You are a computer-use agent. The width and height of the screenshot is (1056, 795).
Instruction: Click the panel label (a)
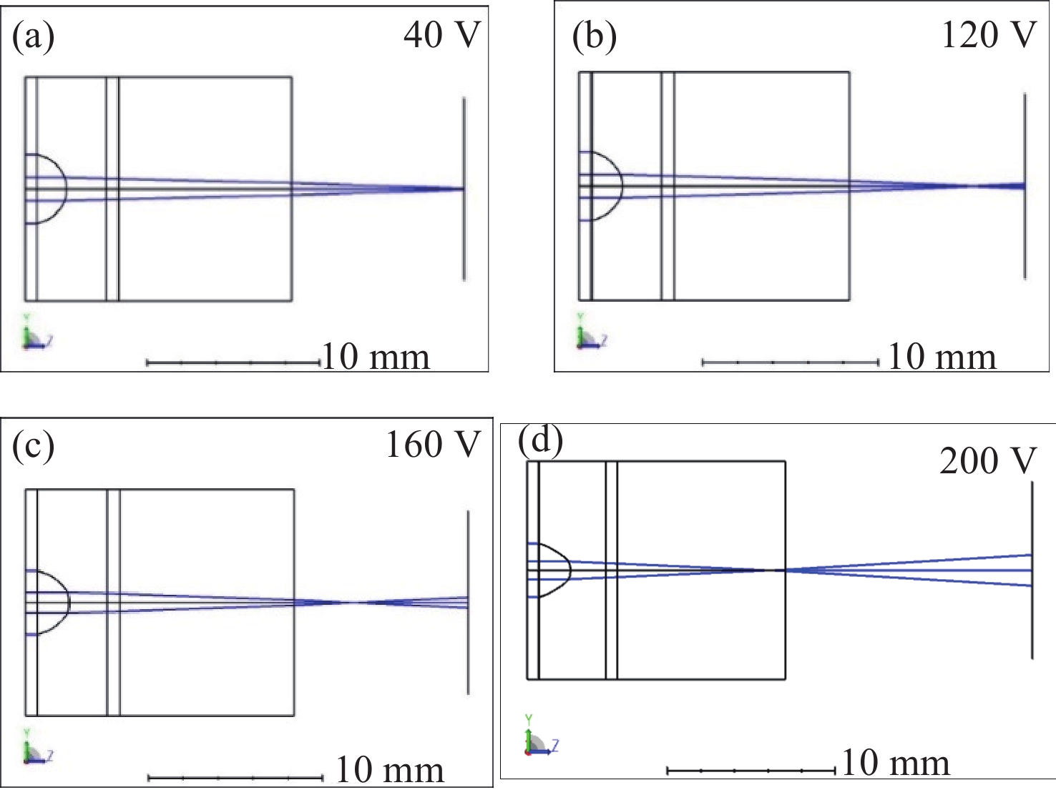33,36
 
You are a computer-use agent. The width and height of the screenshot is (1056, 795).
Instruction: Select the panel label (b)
594,36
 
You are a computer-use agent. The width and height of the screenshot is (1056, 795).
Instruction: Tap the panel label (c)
33,446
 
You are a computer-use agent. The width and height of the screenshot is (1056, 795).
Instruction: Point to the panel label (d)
540,440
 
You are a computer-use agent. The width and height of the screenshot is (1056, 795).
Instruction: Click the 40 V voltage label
442,34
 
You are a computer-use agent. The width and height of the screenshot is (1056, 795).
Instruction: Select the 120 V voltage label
989,34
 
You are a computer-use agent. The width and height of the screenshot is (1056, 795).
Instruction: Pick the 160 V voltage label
433,445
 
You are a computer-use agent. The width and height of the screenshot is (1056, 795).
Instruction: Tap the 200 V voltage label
987,461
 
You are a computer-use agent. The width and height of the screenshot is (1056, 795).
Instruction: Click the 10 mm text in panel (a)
376,356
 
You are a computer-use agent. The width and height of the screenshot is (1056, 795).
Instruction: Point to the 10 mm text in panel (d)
896,763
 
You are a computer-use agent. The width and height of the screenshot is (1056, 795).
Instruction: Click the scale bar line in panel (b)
791,362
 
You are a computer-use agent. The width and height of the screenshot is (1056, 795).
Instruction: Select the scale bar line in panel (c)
235,778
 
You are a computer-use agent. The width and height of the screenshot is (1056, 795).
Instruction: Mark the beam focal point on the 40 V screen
462,189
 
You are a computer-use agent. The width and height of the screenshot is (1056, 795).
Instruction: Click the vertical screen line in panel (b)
1025,236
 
